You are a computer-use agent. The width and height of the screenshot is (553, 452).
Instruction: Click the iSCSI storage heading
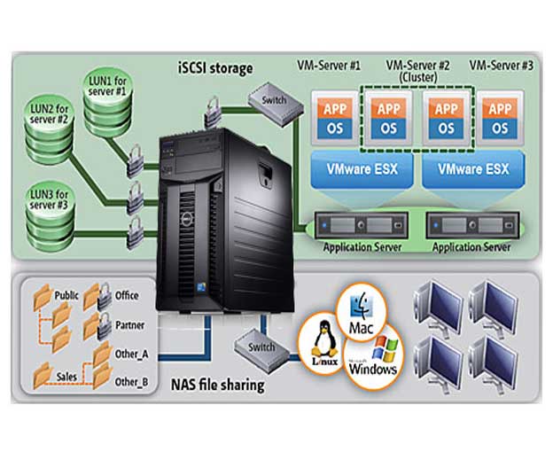[215, 68]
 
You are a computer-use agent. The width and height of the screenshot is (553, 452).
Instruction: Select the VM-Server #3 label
[502, 65]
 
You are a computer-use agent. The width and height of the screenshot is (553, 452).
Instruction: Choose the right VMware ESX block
[469, 169]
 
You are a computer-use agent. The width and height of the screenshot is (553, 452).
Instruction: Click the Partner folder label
[130, 325]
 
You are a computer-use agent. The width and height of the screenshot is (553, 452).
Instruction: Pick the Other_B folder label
[132, 382]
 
